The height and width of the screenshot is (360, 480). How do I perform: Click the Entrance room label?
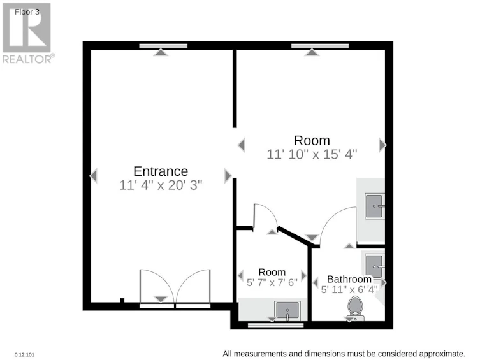(x=161, y=171)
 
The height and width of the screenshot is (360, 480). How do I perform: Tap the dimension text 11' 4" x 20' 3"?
(x=161, y=185)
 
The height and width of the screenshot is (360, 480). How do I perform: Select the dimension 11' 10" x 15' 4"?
(x=312, y=154)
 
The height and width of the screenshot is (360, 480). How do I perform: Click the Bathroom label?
(x=349, y=279)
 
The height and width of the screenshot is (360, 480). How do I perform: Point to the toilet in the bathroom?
(x=355, y=308)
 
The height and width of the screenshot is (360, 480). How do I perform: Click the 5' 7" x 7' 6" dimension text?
(x=272, y=282)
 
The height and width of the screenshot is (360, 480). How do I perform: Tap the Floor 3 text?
(x=27, y=12)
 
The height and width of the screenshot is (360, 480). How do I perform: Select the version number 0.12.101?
(x=24, y=355)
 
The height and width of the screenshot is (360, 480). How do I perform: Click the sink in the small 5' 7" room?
(x=287, y=310)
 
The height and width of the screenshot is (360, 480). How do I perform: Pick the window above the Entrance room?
(x=163, y=46)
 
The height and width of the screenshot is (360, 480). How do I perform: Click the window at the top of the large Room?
(x=320, y=46)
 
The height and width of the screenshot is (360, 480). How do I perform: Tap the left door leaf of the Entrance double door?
(x=157, y=287)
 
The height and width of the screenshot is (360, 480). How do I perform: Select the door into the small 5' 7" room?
(x=265, y=216)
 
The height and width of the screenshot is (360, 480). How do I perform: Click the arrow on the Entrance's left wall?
(x=93, y=176)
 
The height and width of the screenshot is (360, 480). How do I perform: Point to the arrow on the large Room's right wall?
(x=382, y=145)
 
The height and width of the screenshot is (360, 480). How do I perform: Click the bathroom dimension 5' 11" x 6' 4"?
(x=349, y=289)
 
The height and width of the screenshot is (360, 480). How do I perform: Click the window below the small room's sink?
(x=275, y=325)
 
